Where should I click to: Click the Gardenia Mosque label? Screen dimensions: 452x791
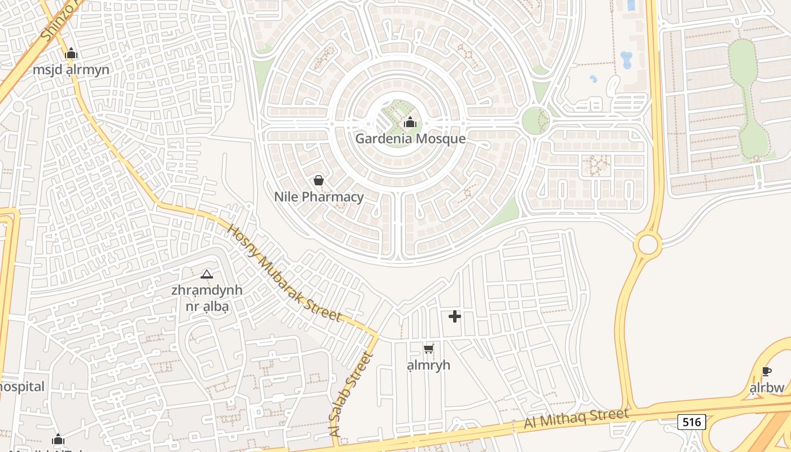click(410, 139)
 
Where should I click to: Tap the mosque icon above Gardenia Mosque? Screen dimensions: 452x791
click(410, 122)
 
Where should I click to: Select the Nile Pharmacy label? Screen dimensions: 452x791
click(319, 197)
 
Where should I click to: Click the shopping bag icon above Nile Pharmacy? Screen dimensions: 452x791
click(319, 180)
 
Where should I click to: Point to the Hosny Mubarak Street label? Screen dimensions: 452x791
click(284, 273)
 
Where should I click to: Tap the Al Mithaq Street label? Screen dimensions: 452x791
click(576, 418)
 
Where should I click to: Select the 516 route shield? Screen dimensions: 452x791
click(692, 421)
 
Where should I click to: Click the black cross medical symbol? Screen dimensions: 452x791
click(454, 316)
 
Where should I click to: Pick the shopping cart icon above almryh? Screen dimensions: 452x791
click(429, 349)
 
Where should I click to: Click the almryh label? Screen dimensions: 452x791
click(429, 365)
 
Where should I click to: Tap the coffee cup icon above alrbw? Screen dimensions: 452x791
click(766, 371)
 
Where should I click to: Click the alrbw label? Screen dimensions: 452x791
click(767, 388)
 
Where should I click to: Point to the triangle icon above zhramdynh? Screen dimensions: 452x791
click(207, 274)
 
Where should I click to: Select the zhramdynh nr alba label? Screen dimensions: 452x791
click(207, 298)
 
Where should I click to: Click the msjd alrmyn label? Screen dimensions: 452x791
click(71, 70)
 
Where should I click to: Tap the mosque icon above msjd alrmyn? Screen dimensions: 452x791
click(71, 54)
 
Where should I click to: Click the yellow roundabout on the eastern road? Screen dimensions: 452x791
click(647, 245)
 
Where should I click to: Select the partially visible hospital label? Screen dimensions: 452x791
click(21, 387)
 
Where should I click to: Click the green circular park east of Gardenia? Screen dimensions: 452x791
click(535, 120)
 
